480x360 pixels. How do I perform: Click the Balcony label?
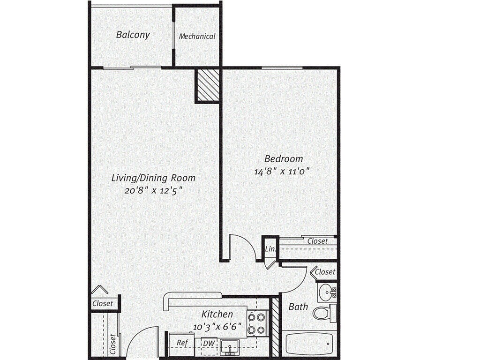(x=133, y=35)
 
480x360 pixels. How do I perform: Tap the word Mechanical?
(x=197, y=36)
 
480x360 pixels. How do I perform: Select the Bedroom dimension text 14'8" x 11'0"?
(x=282, y=172)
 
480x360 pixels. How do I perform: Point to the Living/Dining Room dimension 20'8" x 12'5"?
(x=153, y=190)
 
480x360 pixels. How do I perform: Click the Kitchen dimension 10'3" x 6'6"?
(x=217, y=326)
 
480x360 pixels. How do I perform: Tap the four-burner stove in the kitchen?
(x=256, y=323)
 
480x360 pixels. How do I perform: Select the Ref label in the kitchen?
(x=182, y=343)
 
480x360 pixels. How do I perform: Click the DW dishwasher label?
(x=209, y=344)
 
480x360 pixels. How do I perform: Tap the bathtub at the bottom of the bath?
(x=307, y=345)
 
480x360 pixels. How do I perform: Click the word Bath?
(x=298, y=307)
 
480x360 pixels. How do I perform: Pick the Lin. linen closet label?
(x=270, y=249)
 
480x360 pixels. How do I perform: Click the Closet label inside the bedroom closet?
(x=317, y=241)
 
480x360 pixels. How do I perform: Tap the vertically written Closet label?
(x=113, y=344)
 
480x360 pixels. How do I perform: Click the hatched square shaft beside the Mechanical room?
(x=207, y=85)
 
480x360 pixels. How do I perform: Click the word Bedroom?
(x=283, y=158)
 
